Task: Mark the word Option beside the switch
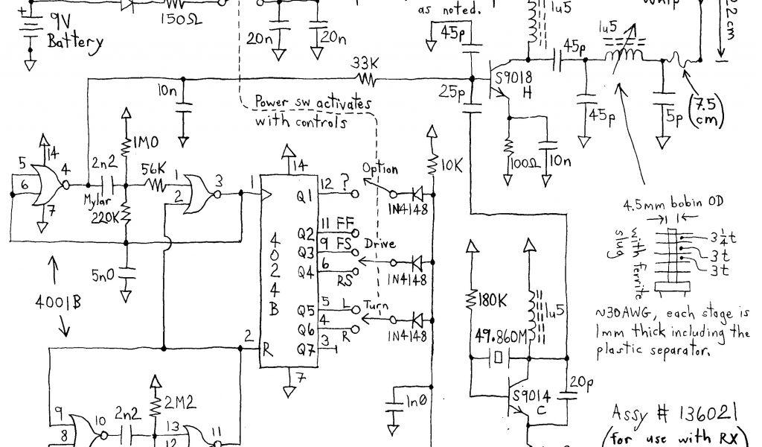point(380,170)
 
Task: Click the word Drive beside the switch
point(380,244)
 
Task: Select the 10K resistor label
point(452,162)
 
